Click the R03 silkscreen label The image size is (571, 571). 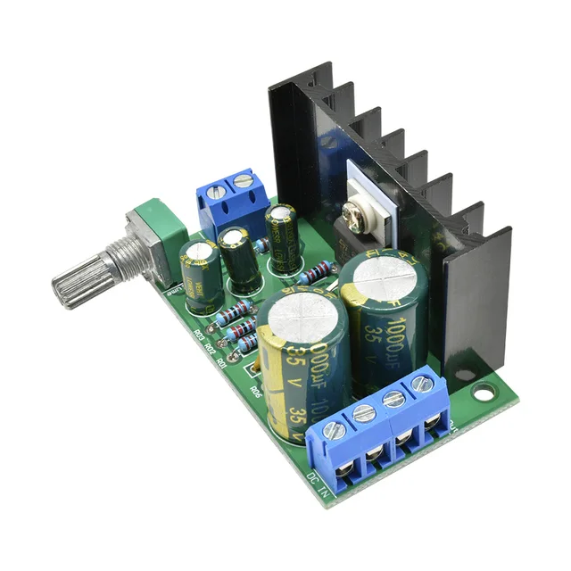coord(198,335)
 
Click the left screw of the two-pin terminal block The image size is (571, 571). coord(215,193)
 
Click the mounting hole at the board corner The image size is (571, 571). coord(484,391)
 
